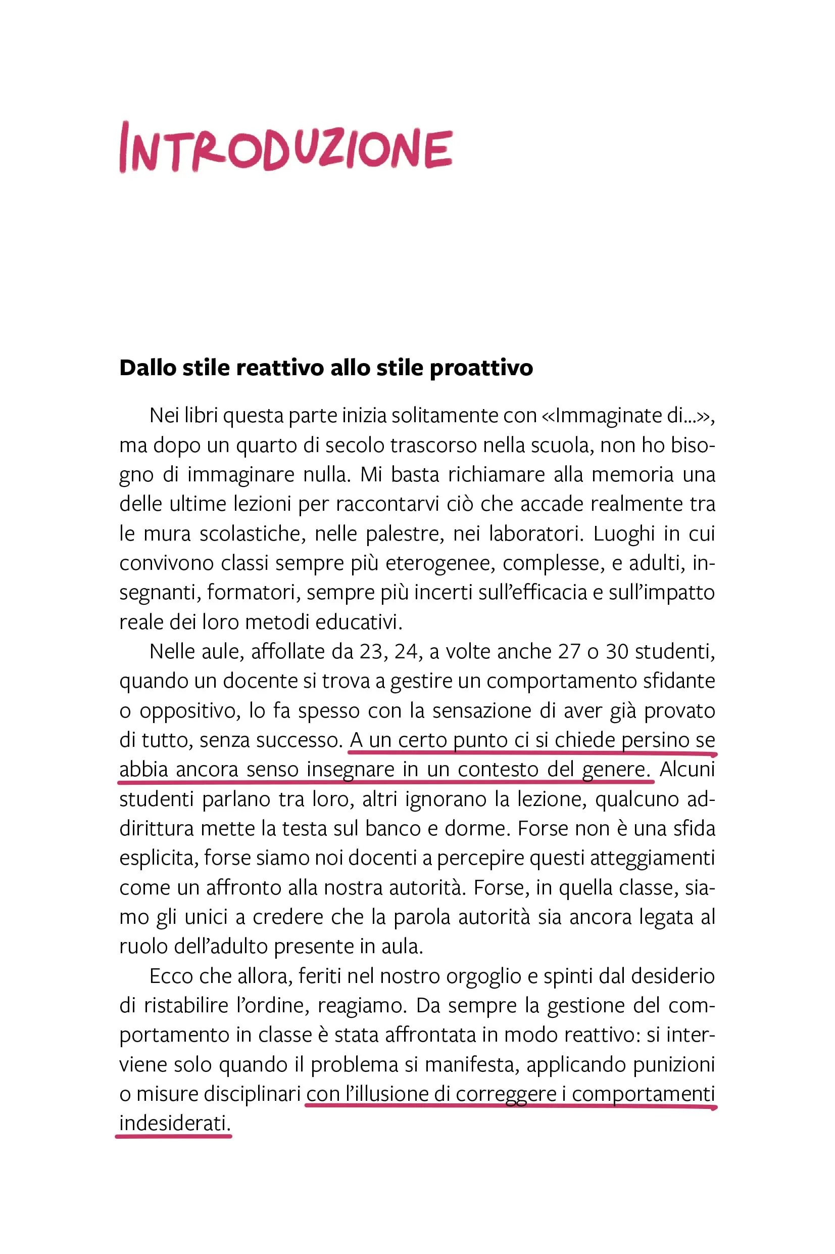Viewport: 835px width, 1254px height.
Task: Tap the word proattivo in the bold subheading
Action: [x=481, y=368]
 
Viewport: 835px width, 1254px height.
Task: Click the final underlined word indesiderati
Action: [x=175, y=1124]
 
